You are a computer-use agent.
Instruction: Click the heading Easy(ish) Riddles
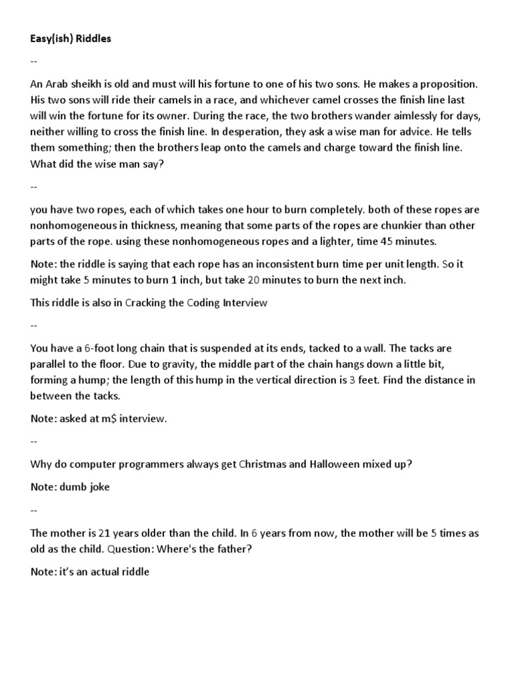pyautogui.click(x=71, y=39)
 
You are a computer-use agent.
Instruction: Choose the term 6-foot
pyautogui.click(x=87, y=349)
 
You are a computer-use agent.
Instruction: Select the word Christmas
pyautogui.click(x=263, y=464)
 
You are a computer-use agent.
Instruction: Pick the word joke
pyautogui.click(x=97, y=487)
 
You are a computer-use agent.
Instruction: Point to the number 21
pyautogui.click(x=104, y=534)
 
